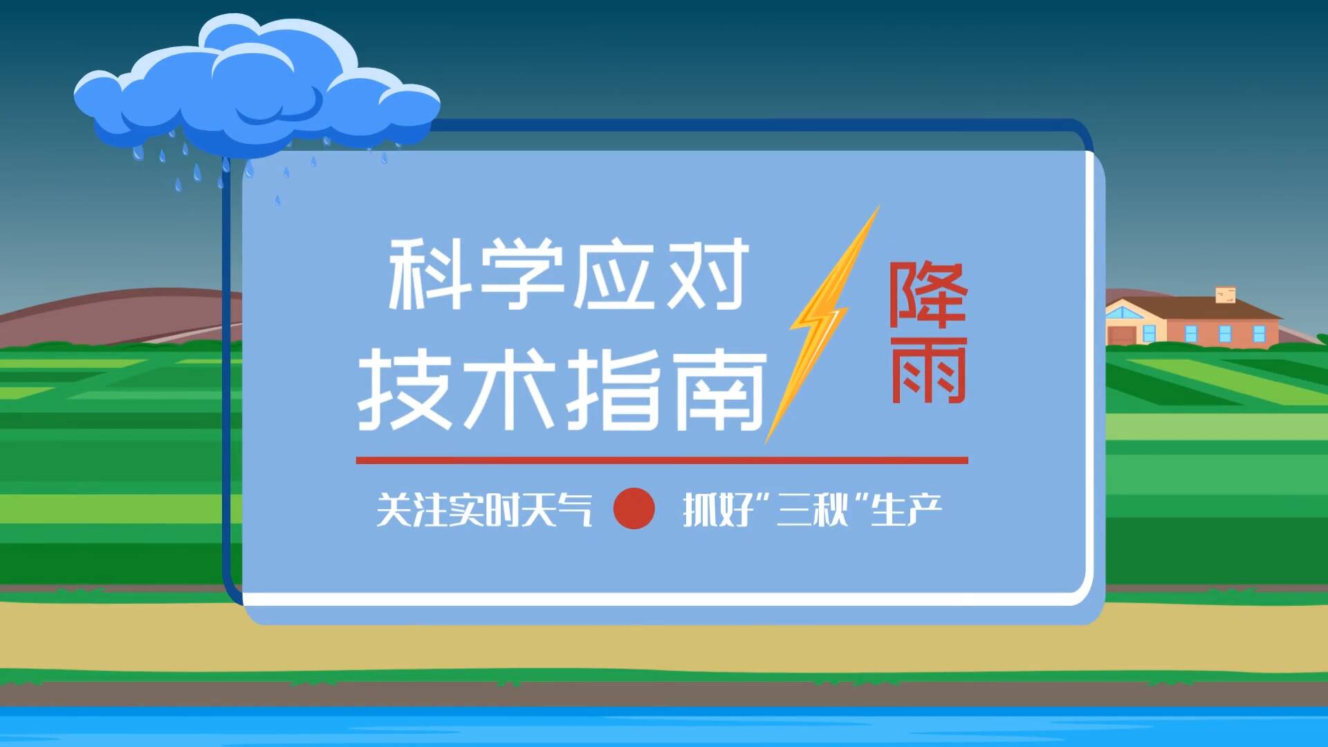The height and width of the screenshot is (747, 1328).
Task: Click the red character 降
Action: (928, 294)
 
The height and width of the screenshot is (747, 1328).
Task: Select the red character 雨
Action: (928, 369)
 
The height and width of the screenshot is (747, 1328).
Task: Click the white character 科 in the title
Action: (427, 274)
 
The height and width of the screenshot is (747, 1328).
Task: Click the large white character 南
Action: (719, 389)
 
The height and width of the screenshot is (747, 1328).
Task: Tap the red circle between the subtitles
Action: (634, 508)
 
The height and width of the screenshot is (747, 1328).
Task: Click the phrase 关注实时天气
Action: (484, 510)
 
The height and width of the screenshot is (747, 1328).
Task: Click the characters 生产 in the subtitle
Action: (906, 510)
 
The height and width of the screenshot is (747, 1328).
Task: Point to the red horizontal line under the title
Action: (662, 460)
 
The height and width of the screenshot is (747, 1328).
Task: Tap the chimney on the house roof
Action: (1226, 295)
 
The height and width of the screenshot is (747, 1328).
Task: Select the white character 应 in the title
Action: (614, 274)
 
